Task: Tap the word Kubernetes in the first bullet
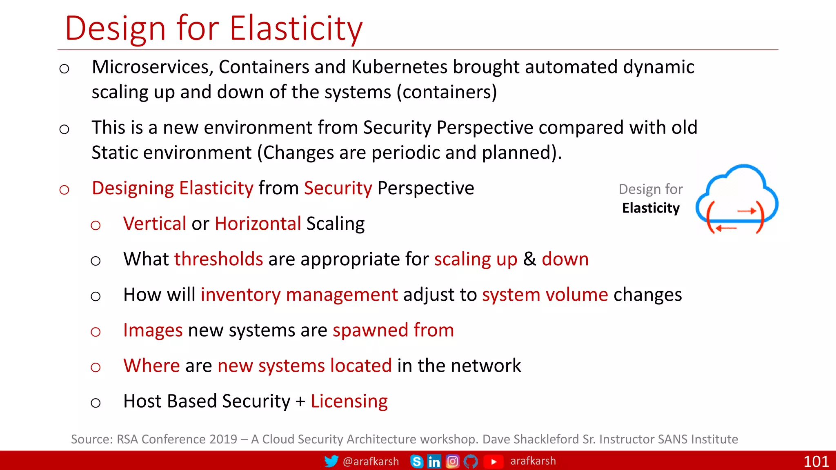coord(399,67)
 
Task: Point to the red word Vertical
coord(155,224)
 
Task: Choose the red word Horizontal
coord(258,224)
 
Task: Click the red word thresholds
coord(218,259)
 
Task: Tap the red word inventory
coord(240,295)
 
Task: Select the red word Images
coord(153,330)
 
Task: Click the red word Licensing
coord(349,401)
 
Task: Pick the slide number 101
coord(816,461)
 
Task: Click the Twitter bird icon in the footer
coord(331,461)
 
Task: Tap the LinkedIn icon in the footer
coord(434,461)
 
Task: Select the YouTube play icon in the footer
coord(493,461)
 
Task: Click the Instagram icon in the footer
coord(452,461)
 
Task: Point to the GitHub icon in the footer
coord(471,461)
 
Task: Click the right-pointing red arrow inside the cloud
coord(747,211)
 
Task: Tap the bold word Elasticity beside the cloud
coord(651,208)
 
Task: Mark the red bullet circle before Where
coord(96,367)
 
